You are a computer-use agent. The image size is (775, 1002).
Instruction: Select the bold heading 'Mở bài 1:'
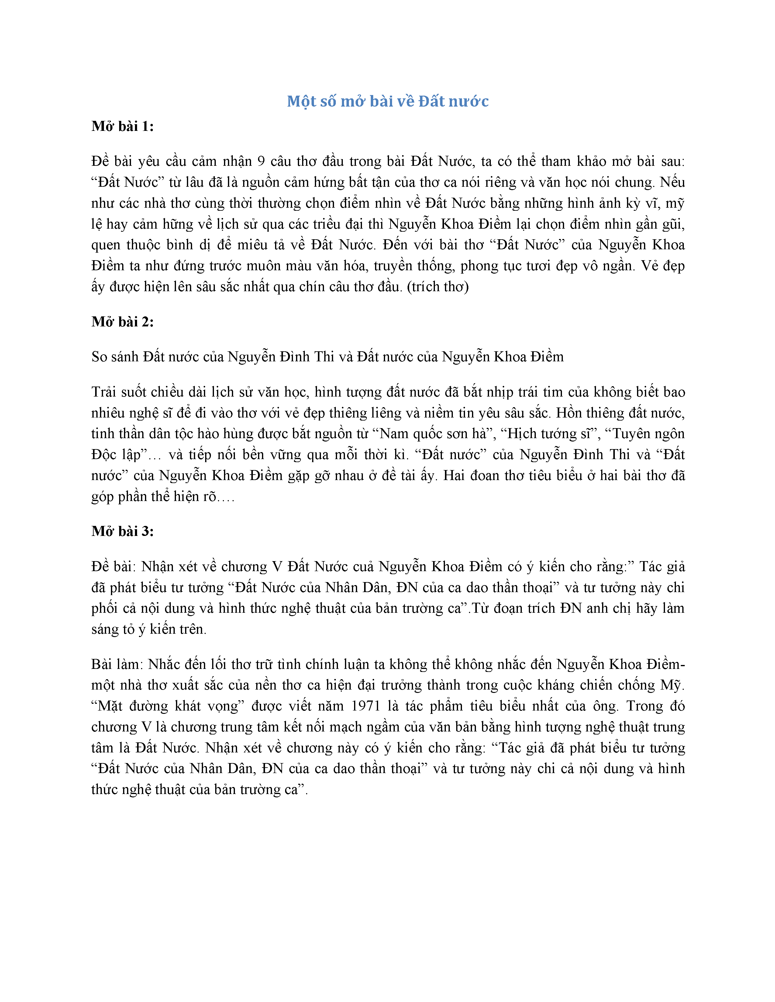pyautogui.click(x=122, y=126)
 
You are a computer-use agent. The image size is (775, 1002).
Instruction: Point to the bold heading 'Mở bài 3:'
pyautogui.click(x=122, y=531)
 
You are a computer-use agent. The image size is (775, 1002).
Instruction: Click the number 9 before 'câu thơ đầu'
pyautogui.click(x=261, y=162)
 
